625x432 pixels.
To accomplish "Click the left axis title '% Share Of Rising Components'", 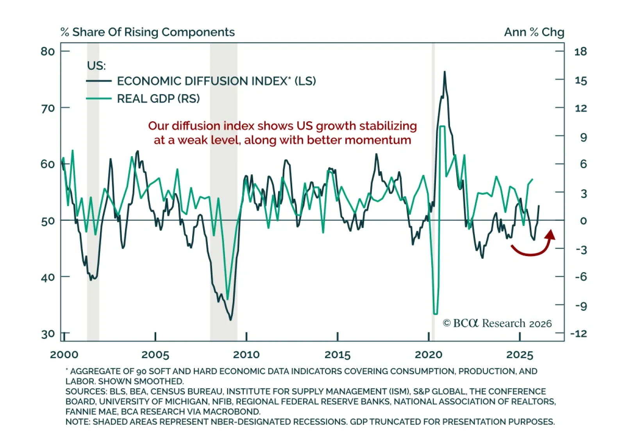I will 148,32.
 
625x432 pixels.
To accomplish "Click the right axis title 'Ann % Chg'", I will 534,32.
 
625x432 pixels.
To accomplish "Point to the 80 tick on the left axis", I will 48,51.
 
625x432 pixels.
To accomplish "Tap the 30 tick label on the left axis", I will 48,334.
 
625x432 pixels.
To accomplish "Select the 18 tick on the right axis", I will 580,51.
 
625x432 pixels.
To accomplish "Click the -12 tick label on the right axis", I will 579,334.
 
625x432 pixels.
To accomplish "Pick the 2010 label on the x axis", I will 246,355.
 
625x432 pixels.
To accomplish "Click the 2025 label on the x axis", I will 520,355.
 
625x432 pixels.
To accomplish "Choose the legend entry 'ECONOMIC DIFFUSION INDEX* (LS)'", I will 216,81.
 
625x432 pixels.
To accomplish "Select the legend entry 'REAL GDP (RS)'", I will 158,99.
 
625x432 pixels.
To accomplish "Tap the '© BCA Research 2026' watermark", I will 497,324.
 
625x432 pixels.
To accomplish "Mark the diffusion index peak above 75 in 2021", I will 445,72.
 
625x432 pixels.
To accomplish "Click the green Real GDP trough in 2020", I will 436,313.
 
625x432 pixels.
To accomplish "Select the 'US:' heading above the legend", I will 96,66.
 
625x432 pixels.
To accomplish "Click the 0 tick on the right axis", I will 583,221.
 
